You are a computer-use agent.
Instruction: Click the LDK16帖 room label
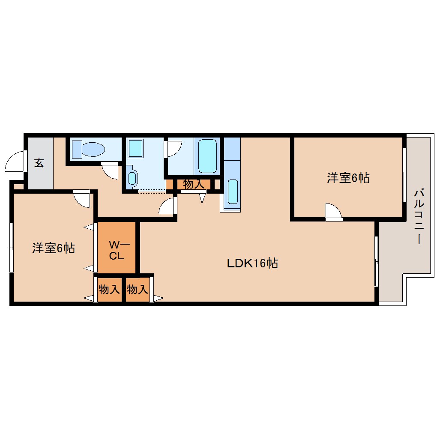(252, 263)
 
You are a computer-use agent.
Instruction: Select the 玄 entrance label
(39, 163)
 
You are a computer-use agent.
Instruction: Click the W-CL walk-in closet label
(117, 251)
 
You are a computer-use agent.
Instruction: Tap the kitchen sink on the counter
(232, 191)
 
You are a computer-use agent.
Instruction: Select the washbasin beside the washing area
(132, 178)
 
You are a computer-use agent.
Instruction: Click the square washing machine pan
(137, 148)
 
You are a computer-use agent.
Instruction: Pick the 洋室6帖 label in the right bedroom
(348, 178)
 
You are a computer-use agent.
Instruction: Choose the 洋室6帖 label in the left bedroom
(54, 248)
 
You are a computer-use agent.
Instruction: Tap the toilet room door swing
(110, 171)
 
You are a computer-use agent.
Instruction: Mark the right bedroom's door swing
(333, 211)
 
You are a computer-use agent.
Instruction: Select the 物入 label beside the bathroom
(193, 185)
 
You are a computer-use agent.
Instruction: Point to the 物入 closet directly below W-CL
(109, 290)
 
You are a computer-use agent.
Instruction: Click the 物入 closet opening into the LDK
(138, 290)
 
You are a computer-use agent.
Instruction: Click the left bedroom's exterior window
(12, 247)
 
